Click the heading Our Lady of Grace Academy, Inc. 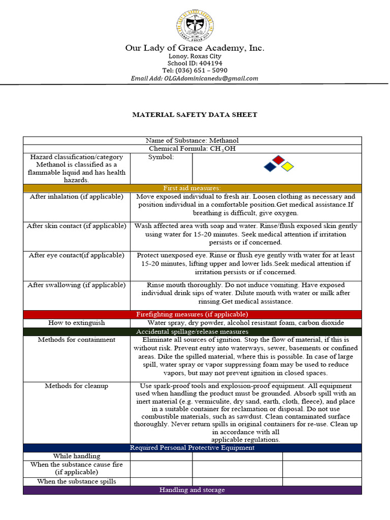pyautogui.click(x=195, y=48)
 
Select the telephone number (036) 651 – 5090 pyautogui.click(x=208, y=71)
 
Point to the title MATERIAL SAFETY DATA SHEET pyautogui.click(x=194, y=115)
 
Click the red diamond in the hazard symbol pyautogui.click(x=278, y=160)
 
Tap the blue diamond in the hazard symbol pyautogui.click(x=270, y=167)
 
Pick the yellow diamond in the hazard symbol pyautogui.click(x=287, y=167)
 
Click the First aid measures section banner pyautogui.click(x=192, y=188)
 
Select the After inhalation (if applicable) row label pyautogui.click(x=76, y=197)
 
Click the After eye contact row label pyautogui.click(x=76, y=255)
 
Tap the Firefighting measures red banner pyautogui.click(x=192, y=314)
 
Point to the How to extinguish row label pyautogui.click(x=77, y=322)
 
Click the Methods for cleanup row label pyautogui.click(x=76, y=386)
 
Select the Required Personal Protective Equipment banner pyautogui.click(x=192, y=448)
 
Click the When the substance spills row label pyautogui.click(x=77, y=481)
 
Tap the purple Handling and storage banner pyautogui.click(x=192, y=490)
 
